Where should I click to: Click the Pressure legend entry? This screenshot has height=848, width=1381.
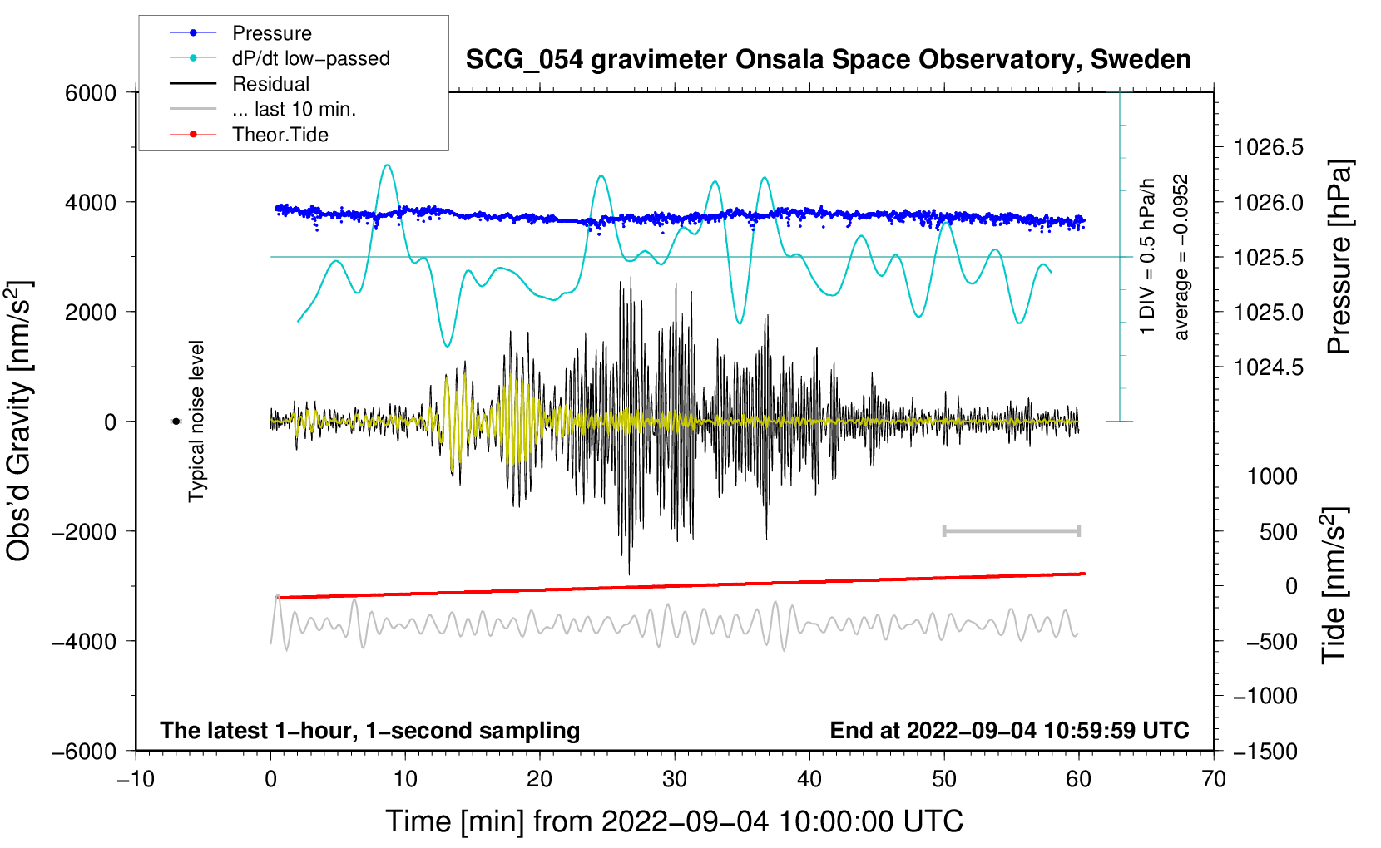(x=271, y=33)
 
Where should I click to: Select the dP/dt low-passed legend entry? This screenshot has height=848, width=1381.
(x=310, y=58)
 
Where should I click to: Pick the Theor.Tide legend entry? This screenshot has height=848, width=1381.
(x=280, y=135)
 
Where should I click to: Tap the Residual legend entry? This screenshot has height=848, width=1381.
(x=270, y=84)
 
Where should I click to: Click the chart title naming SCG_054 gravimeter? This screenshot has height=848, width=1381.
(x=828, y=60)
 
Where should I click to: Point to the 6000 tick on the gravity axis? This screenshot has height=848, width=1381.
(x=91, y=93)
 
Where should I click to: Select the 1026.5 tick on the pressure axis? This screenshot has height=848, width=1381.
(x=1269, y=148)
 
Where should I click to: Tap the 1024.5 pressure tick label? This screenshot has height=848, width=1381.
(x=1269, y=367)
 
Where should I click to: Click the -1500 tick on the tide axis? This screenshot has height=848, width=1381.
(x=1265, y=752)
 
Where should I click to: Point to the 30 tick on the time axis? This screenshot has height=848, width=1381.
(x=675, y=780)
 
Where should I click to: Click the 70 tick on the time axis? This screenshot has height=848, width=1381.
(x=1214, y=780)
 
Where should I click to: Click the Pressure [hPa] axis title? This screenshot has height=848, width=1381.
(x=1339, y=258)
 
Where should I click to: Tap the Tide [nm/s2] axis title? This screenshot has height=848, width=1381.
(x=1334, y=585)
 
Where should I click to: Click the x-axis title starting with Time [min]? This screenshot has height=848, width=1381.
(x=674, y=821)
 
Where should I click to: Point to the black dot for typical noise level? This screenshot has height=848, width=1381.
(x=176, y=422)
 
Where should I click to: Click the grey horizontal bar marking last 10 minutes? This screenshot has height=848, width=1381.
(x=1011, y=530)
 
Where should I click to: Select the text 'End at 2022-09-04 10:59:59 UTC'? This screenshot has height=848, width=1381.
(x=1009, y=731)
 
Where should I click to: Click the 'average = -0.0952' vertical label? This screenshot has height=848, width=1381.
(x=1181, y=257)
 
